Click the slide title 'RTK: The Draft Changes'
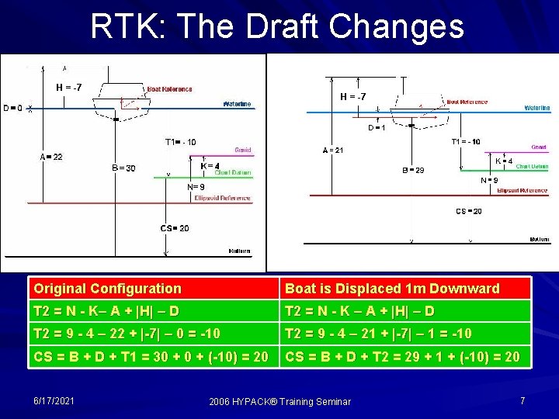pyautogui.click(x=277, y=26)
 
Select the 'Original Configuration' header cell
pyautogui.click(x=107, y=289)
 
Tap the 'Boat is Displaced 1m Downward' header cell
pyautogui.click(x=392, y=289)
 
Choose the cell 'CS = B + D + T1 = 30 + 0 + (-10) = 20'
pyautogui.click(x=152, y=357)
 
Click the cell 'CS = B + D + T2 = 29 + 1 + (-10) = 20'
pyautogui.click(x=404, y=357)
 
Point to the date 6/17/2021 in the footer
pyautogui.click(x=54, y=400)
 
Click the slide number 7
pyautogui.click(x=523, y=400)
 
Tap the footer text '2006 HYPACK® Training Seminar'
pyautogui.click(x=280, y=401)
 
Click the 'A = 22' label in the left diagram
pyautogui.click(x=51, y=157)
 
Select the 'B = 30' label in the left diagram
pyautogui.click(x=123, y=168)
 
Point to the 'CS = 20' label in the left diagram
pyautogui.click(x=175, y=228)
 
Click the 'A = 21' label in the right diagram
pyautogui.click(x=333, y=151)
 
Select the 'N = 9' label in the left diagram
pyautogui.click(x=196, y=187)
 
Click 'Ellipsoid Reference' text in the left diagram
pyautogui.click(x=223, y=199)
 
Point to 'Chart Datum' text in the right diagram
pyautogui.click(x=532, y=167)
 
